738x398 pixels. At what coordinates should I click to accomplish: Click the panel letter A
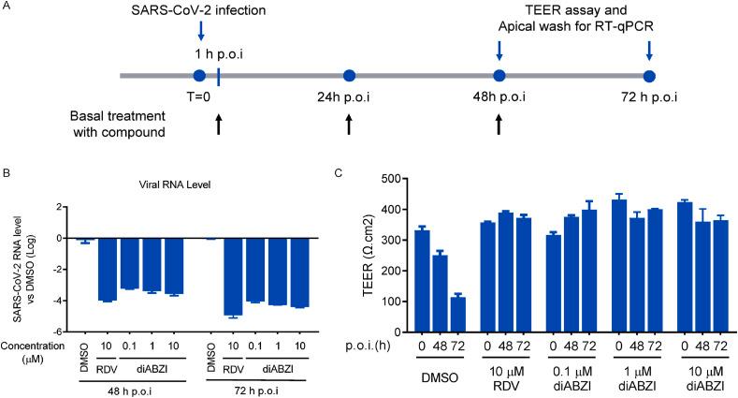[7, 8]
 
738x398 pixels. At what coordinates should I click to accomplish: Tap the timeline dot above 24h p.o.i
[349, 75]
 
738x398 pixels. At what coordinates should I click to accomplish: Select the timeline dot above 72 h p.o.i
[649, 75]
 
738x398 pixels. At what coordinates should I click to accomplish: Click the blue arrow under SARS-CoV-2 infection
[201, 31]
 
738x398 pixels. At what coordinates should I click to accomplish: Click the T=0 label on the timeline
[199, 97]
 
